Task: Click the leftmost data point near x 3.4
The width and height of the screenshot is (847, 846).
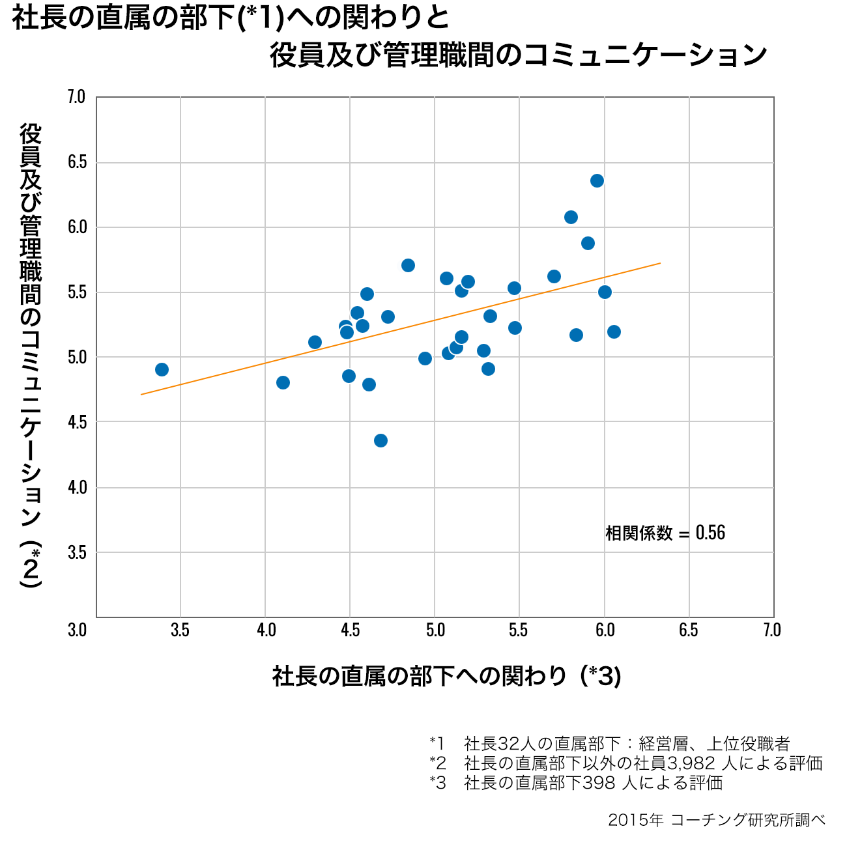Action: (x=162, y=369)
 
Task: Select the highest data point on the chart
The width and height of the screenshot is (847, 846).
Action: (x=597, y=180)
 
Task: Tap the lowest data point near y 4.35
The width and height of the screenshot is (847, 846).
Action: (x=380, y=440)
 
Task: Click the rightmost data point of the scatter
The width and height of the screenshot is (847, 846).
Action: (x=614, y=331)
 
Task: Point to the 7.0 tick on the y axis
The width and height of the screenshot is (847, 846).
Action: (x=77, y=96)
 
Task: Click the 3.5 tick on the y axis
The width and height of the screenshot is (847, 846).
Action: (x=77, y=552)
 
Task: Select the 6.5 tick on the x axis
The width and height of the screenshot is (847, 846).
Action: (x=688, y=630)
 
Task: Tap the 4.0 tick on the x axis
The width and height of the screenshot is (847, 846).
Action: (x=266, y=630)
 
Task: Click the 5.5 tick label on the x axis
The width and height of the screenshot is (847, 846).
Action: (x=519, y=630)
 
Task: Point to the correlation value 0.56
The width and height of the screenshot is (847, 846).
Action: (x=710, y=533)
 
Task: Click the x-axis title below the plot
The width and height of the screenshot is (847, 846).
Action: (x=446, y=676)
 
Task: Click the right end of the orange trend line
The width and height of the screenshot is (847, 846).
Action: (x=660, y=263)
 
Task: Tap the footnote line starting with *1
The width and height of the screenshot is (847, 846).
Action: (x=609, y=743)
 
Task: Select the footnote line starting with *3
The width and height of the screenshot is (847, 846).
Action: (x=576, y=782)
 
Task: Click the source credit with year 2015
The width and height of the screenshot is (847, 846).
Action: (x=716, y=820)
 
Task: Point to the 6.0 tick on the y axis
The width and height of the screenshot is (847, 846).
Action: (x=77, y=227)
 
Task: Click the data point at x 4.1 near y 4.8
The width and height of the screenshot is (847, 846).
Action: (x=283, y=382)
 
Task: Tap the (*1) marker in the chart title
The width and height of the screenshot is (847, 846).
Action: (x=261, y=18)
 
